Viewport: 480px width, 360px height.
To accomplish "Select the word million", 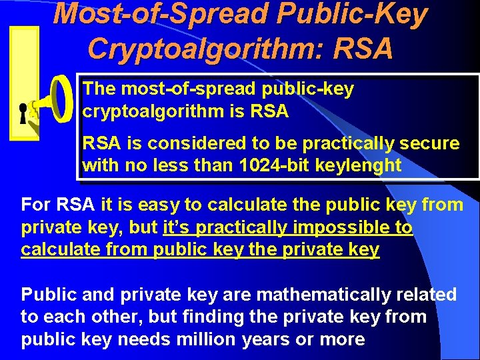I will pyautogui.click(x=204, y=339).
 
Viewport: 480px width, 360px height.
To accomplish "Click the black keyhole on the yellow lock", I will pyautogui.click(x=23, y=113).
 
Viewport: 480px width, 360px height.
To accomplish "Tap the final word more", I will pyautogui.click(x=343, y=339).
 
